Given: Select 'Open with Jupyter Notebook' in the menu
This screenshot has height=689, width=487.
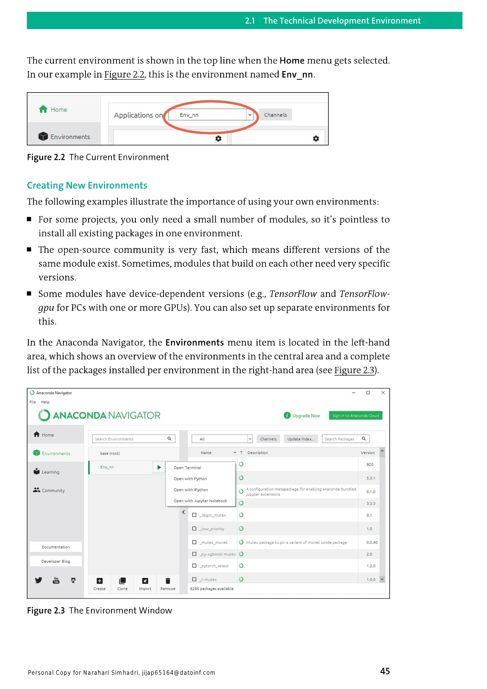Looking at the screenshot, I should [x=200, y=501].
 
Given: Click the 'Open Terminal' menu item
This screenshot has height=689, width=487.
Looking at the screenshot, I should [x=188, y=468].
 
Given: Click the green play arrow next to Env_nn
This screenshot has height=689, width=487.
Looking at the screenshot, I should [x=159, y=467].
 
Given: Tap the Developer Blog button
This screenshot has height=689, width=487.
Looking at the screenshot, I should [x=56, y=561].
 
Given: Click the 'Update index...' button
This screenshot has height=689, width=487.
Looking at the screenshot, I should [x=301, y=439].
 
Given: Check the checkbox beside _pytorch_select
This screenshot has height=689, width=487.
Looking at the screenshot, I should [x=194, y=566].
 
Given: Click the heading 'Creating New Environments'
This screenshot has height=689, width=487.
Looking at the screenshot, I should [x=87, y=185].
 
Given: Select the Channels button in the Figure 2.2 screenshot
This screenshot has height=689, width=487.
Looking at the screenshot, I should [x=275, y=115].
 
